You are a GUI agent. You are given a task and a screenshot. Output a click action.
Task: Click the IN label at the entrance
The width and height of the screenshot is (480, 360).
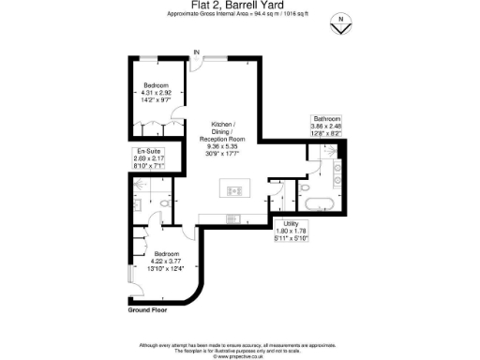click(196, 52)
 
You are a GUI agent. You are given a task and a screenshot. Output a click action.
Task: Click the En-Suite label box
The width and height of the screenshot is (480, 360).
click(148, 157)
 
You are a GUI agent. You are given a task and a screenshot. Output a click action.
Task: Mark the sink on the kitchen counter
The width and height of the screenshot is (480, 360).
click(230, 220)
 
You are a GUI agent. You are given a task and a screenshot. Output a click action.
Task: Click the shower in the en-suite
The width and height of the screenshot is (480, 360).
click(137, 192)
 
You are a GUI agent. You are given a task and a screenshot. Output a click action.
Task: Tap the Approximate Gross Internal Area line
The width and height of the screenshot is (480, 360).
click(239, 15)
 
